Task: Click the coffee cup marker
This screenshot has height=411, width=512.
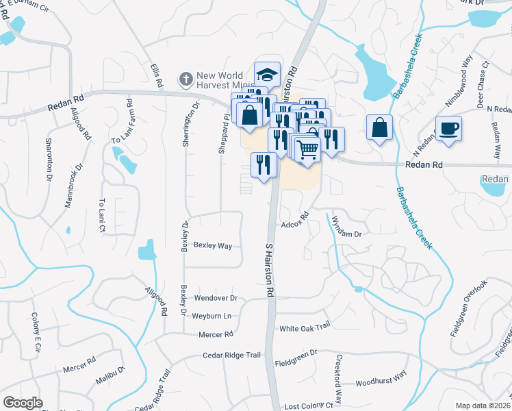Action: click(448, 128)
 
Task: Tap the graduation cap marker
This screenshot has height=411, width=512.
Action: click(268, 74)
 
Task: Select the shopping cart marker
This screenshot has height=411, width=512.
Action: click(307, 148)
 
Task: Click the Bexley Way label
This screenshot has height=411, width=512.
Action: click(212, 245)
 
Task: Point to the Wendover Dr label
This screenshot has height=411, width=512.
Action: click(216, 299)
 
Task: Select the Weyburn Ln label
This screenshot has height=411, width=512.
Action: click(212, 316)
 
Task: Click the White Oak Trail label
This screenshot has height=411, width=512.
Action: click(305, 328)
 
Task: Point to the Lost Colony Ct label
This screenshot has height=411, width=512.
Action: click(308, 406)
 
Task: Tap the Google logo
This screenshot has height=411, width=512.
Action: click(23, 402)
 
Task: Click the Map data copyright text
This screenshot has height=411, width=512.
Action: click(483, 406)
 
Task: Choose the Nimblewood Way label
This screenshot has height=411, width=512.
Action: click(458, 79)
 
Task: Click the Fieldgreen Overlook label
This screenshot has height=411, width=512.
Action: click(469, 308)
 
